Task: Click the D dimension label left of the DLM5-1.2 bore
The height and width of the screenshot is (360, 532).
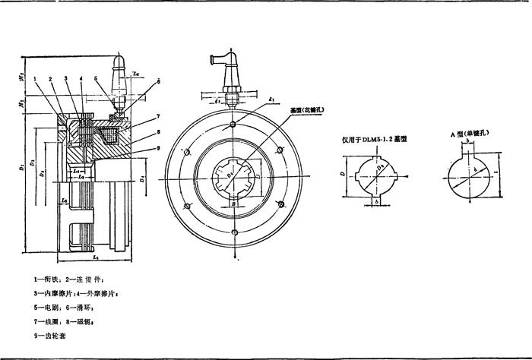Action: (342, 173)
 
